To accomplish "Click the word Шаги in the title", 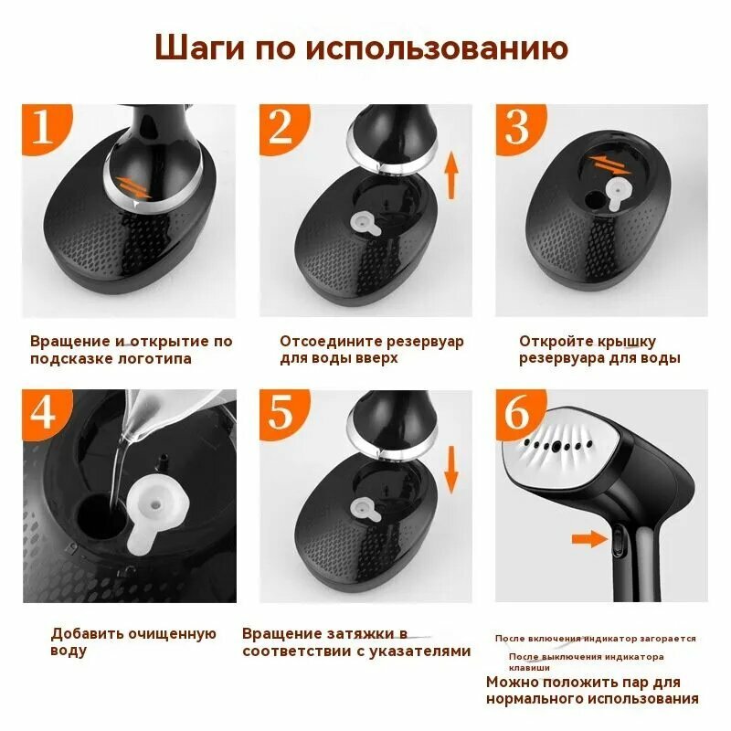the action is tap(199, 48).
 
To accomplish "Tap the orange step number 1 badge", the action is tap(45, 127).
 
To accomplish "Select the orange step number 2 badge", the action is tap(282, 127).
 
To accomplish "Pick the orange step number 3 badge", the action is tap(518, 127).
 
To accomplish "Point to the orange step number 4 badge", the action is tap(45, 413).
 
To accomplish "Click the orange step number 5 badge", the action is tap(282, 413).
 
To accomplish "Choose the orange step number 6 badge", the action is tap(518, 413).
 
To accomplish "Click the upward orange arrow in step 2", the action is tap(450, 176).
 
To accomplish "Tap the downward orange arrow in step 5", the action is tap(450, 470).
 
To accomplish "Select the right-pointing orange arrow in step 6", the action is tap(589, 538).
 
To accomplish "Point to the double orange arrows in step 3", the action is tap(609, 165).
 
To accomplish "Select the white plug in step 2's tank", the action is tap(365, 223).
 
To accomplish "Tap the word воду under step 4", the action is tap(69, 651).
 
